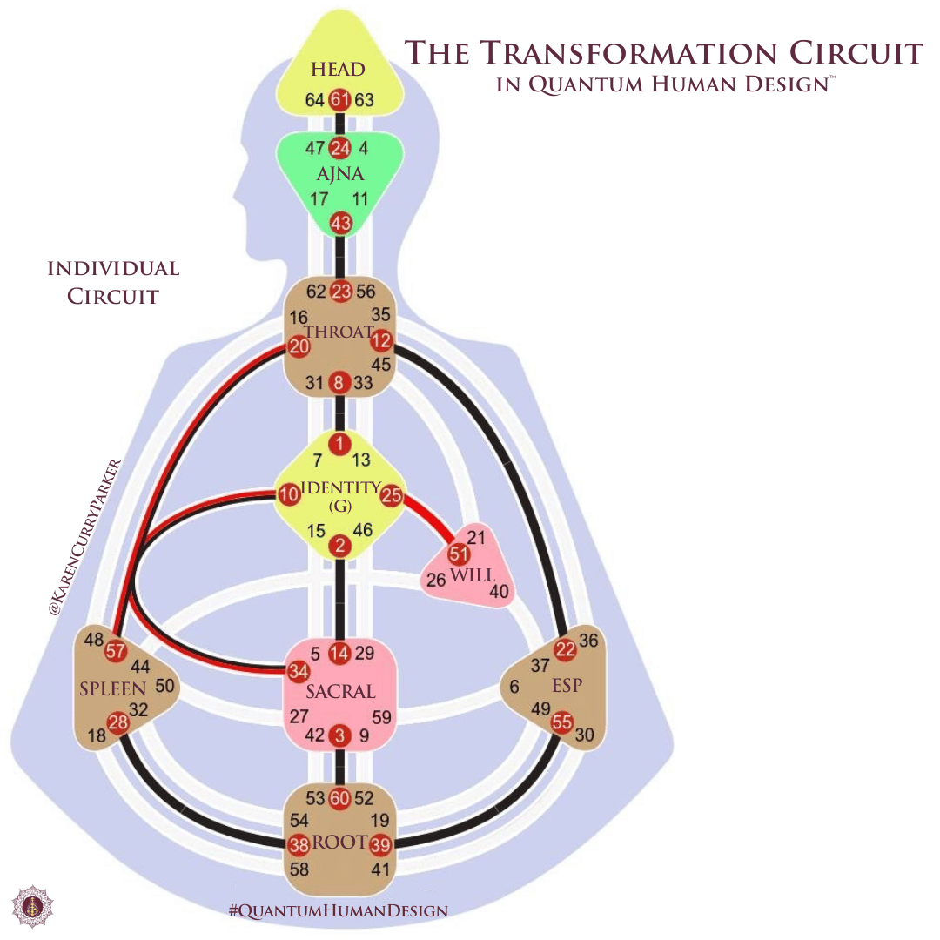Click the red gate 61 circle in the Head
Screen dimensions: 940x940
point(339,100)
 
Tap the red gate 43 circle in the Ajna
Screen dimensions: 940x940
point(340,224)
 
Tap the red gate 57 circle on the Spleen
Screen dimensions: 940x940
point(115,650)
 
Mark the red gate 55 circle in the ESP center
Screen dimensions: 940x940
point(561,722)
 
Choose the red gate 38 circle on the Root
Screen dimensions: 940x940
point(299,843)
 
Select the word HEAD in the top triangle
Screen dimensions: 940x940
point(338,70)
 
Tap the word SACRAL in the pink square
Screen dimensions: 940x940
point(340,692)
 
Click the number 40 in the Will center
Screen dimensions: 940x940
point(499,592)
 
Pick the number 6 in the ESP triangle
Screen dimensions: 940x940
point(514,688)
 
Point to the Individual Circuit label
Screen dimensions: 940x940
point(113,281)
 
